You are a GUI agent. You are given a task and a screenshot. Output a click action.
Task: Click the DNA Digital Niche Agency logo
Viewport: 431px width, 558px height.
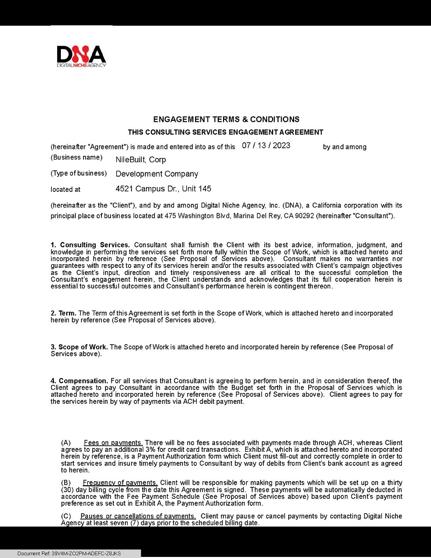tap(81, 56)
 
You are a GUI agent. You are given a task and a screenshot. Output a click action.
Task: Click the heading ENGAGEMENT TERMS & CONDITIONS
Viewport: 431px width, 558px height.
tap(226, 119)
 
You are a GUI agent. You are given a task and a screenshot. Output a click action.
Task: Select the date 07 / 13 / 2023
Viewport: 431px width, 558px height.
tap(266, 146)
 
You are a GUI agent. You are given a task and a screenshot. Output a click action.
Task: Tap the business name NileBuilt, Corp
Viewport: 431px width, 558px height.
tap(141, 160)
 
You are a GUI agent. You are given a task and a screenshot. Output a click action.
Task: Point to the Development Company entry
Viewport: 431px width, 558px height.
tap(157, 174)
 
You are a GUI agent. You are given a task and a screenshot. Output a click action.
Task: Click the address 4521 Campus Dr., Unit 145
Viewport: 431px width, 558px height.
tap(163, 189)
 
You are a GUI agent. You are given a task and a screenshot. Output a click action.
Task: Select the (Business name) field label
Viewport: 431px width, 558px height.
tap(77, 157)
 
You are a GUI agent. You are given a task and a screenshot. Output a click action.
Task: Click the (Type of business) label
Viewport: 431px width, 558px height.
tap(79, 174)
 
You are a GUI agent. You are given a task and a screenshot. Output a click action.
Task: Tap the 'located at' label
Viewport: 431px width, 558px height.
tap(65, 189)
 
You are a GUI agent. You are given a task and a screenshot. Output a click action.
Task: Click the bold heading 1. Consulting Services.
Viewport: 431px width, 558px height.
tap(90, 245)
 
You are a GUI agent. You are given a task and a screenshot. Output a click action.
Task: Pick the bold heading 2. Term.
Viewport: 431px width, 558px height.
tap(64, 313)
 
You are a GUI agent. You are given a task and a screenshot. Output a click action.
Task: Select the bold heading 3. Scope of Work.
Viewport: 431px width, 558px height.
tap(79, 347)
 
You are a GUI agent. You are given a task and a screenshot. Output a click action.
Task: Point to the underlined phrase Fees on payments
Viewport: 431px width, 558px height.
tap(113, 443)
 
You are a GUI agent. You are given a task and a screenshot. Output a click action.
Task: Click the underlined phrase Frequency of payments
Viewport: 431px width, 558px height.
tap(120, 482)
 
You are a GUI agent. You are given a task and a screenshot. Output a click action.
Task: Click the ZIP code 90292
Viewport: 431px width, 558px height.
tap(335, 216)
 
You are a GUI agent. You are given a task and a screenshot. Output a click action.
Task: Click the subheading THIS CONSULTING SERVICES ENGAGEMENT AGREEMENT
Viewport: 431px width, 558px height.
tap(225, 132)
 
